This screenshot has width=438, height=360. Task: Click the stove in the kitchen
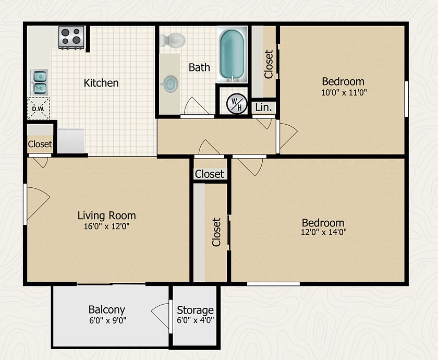coord(71,38)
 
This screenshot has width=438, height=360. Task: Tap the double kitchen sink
coord(40,82)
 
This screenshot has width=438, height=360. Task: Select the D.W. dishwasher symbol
coord(38,109)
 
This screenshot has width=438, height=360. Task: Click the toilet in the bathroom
coord(173,40)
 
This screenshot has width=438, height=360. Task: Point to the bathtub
coord(232,54)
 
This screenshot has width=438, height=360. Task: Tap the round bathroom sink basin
coord(170,84)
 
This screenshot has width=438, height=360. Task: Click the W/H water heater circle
coord(237,104)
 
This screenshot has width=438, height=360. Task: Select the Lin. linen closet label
coord(263,107)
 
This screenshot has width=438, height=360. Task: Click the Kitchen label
coord(101,83)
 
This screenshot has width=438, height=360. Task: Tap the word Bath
coord(199,67)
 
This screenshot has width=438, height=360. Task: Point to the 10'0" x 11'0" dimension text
coord(344,92)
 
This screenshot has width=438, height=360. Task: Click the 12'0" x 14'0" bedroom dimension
coord(323,232)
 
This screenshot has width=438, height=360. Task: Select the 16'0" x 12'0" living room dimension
coord(106,226)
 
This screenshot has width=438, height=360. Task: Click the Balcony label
coord(107,310)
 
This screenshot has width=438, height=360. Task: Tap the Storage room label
coord(195,310)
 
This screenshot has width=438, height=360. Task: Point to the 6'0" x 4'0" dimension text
coord(195,320)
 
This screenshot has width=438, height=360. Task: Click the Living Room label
coord(107,215)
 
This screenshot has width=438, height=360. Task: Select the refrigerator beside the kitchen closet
coord(71,141)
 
